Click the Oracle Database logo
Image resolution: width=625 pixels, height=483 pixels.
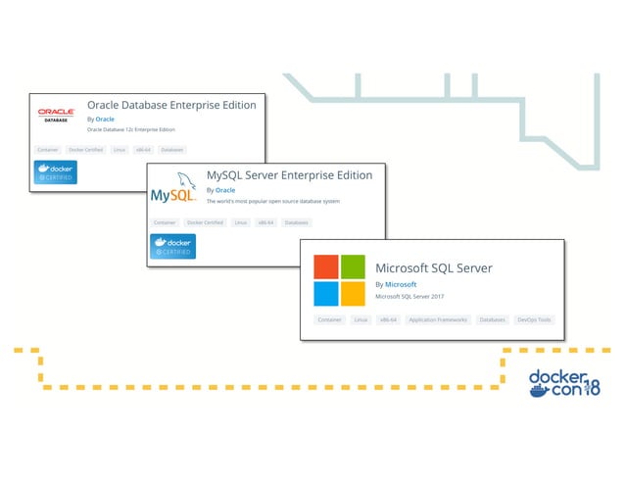[x=56, y=115]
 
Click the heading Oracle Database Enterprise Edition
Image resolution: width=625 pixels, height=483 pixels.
[x=171, y=105]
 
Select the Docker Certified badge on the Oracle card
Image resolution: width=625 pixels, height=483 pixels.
[x=56, y=172]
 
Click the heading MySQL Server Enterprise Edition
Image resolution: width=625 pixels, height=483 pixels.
[x=289, y=175]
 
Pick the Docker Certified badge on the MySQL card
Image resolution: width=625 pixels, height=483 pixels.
[x=172, y=246]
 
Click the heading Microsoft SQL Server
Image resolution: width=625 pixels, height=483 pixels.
[x=433, y=267]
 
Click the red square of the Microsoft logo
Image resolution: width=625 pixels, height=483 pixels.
[x=325, y=266]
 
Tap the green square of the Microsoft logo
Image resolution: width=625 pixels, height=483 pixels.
[x=353, y=266]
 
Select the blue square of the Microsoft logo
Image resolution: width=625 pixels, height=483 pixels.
[x=325, y=294]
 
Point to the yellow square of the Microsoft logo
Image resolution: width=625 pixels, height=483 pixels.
[x=353, y=294]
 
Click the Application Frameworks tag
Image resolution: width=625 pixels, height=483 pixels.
[x=438, y=319]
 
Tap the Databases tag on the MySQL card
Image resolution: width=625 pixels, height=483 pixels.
[x=296, y=222]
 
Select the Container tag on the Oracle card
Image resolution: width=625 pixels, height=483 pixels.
[x=47, y=150]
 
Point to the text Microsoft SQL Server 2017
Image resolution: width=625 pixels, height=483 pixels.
[x=410, y=298]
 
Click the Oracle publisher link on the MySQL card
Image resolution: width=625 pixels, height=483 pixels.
[x=225, y=190]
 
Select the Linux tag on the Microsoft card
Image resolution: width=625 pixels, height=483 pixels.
[x=360, y=319]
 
